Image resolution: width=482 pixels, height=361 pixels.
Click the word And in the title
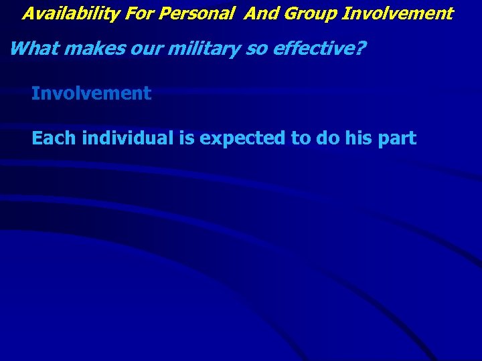click(260, 13)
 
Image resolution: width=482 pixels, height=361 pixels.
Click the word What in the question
click(31, 48)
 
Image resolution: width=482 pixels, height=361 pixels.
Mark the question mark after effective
click(361, 48)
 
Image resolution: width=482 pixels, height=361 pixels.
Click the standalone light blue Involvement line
click(91, 94)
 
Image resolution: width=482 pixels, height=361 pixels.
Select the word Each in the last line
click(54, 138)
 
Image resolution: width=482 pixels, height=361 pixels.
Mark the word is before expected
click(185, 138)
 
